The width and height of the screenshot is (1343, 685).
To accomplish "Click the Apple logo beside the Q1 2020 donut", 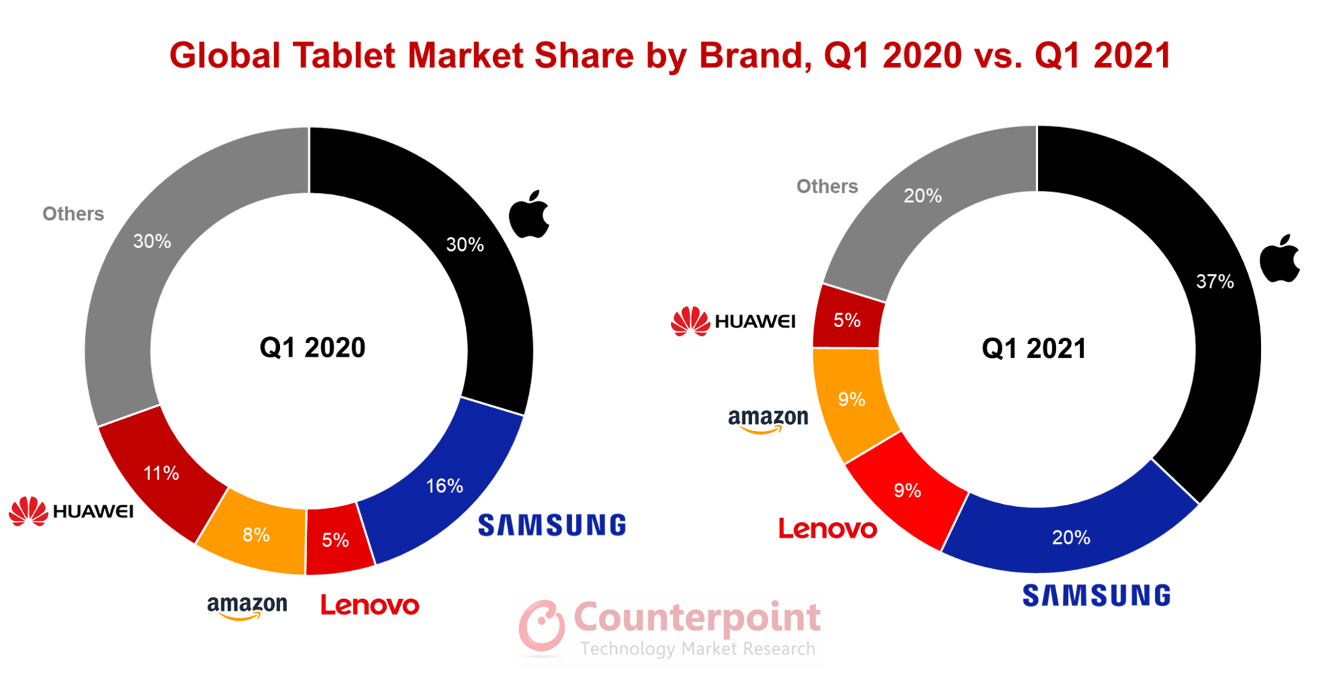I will point(529,215).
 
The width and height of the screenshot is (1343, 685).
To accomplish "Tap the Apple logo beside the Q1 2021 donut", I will point(1279,259).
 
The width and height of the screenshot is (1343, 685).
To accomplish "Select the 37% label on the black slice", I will point(1214,282).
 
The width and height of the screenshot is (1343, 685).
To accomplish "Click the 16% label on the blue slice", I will point(445,486).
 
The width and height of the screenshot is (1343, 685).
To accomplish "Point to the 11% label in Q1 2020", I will point(161,473).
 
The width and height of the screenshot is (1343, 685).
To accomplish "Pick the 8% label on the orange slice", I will point(256,535).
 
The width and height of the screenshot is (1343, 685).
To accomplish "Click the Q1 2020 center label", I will point(312,347).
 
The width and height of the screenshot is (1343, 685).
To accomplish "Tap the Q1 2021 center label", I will point(1034,348).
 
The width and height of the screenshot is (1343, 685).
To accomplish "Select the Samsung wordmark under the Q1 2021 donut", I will point(1096,596).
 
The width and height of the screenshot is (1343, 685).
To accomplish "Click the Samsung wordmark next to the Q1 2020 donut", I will point(552,525).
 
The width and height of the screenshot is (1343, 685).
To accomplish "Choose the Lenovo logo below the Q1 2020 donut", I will point(369,605).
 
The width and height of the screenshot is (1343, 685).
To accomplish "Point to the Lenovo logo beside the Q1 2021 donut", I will point(827,529).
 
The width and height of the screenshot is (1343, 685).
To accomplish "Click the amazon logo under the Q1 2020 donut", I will point(247,606).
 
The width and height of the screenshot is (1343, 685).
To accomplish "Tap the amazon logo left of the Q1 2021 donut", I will point(768,420).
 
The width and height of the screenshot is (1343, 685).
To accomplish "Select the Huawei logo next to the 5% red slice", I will point(733,322).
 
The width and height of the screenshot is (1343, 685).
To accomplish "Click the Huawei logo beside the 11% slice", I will point(71,512).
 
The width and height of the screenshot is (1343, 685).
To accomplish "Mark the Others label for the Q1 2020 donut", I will point(73,214).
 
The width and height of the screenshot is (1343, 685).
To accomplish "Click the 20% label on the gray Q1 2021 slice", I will point(922,196).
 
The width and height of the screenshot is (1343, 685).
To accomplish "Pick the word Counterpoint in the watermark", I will point(697,617).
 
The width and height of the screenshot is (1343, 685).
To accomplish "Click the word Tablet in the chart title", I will point(344,55).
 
